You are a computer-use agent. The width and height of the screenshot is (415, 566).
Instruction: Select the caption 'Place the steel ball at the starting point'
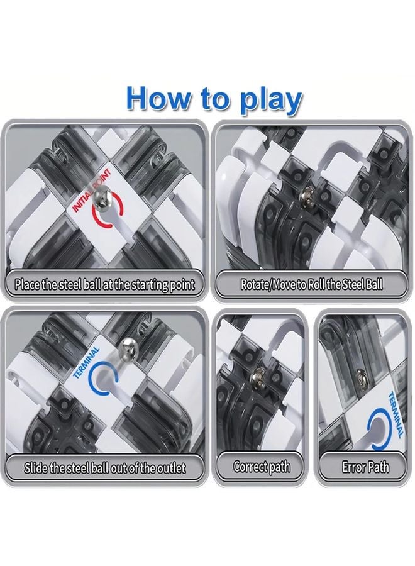tap(104, 284)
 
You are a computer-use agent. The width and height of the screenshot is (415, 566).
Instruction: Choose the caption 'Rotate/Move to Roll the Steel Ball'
tap(311, 284)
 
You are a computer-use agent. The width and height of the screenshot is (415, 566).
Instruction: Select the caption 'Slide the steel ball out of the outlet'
tap(104, 469)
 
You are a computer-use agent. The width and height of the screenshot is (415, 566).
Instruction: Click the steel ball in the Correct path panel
tap(257, 377)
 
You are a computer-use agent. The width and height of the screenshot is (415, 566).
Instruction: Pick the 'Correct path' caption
tap(262, 467)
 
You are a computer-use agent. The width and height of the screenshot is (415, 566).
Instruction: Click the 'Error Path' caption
tap(365, 467)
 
